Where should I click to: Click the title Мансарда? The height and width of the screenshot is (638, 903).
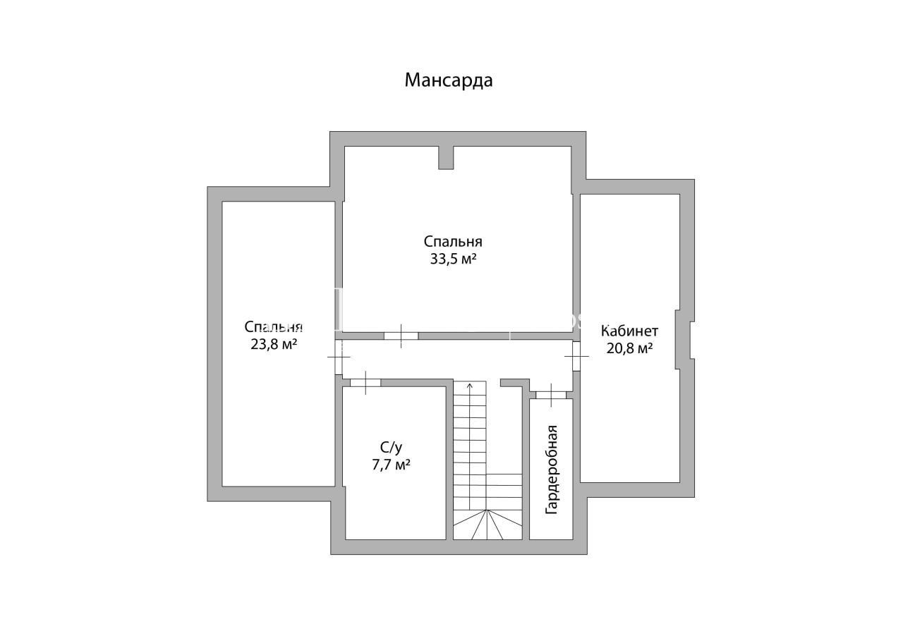448,80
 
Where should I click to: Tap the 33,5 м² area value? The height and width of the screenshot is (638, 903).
453,259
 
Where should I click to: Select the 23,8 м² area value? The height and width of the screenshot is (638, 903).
274,344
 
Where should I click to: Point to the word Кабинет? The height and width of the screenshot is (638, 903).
629,331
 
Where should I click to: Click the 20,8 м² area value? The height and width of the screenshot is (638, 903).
630,348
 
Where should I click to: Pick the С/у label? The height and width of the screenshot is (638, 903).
392,447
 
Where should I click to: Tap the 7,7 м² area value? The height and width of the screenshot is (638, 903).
391,465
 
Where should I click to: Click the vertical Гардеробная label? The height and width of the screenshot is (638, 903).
551,470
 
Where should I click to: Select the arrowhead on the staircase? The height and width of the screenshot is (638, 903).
470,386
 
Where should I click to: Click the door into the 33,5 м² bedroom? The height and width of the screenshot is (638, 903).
401,336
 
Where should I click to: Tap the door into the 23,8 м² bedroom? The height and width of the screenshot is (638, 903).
339,357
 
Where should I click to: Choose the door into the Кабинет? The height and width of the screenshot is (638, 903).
576,356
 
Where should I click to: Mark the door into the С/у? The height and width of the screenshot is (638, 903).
365,383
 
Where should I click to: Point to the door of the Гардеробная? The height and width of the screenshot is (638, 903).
551,395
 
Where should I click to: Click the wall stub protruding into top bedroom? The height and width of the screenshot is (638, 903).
446,157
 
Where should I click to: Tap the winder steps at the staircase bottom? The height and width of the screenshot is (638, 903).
487,524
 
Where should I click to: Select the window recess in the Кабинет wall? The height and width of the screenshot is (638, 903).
684,340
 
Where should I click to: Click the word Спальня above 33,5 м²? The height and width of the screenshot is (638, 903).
453,241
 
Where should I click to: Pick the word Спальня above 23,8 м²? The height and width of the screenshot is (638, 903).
273,326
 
